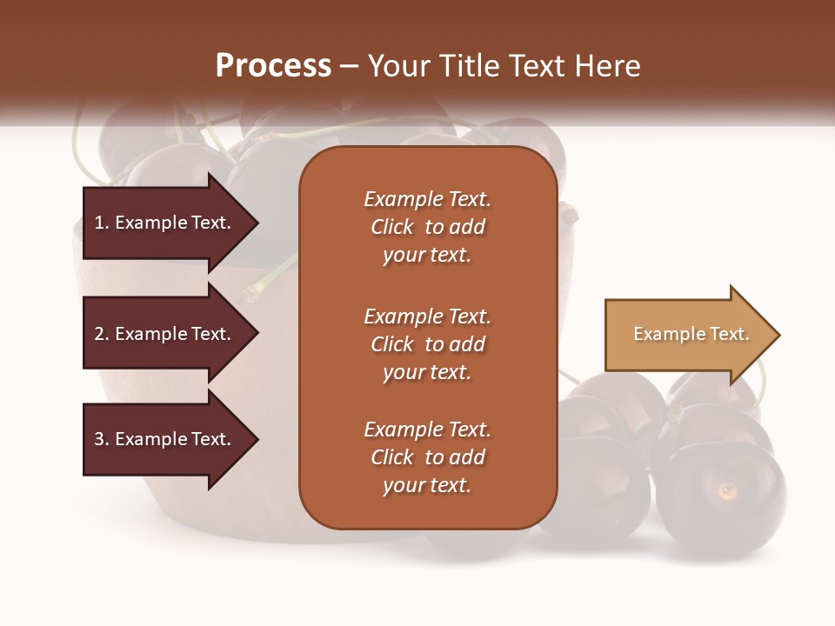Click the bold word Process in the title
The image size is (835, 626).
pos(273,66)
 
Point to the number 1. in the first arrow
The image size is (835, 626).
pos(101,223)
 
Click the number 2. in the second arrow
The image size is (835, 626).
pos(102,334)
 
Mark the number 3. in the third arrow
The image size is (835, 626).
pos(102,439)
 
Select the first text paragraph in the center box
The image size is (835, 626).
pos(427,227)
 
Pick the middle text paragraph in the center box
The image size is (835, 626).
pos(427,344)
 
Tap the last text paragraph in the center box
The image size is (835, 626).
pos(427,457)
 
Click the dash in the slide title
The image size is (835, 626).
pos(349,67)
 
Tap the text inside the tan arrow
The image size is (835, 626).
pos(691,334)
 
